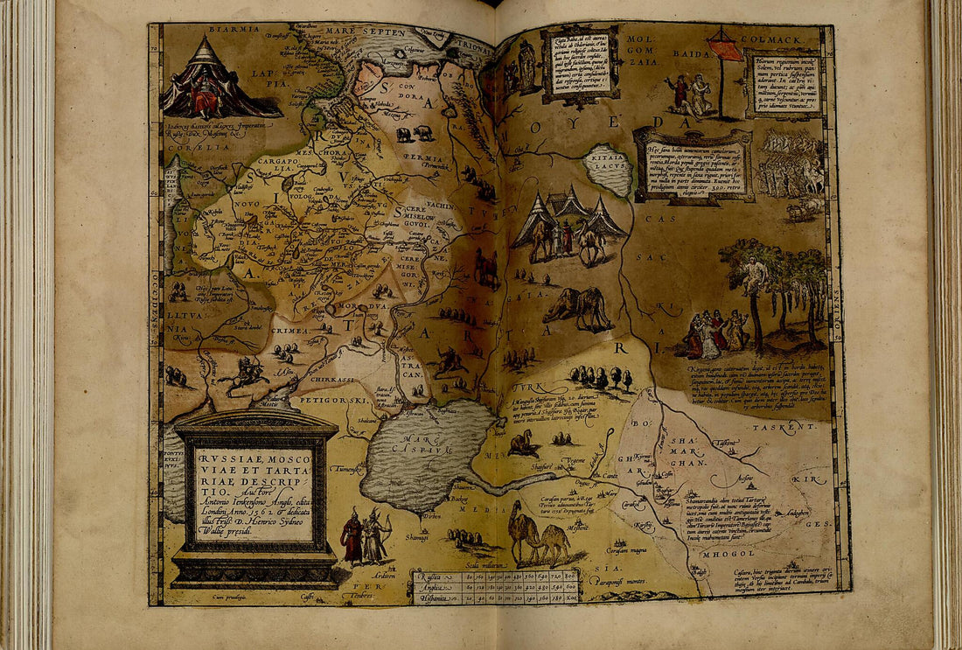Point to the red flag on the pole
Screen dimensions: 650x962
point(725,46)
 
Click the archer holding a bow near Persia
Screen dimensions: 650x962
point(377,535)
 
